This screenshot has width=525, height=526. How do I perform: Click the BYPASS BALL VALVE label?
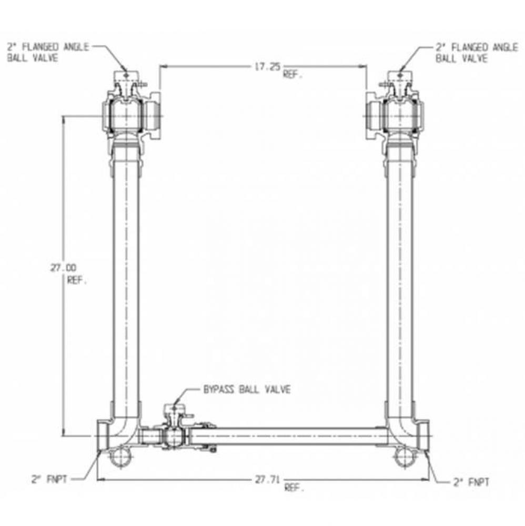coord(246,390)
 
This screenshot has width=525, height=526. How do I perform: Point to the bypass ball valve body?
coord(172,436)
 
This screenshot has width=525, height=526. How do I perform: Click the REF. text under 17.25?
coord(293,75)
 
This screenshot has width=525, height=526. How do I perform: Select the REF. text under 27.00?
coord(77,280)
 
